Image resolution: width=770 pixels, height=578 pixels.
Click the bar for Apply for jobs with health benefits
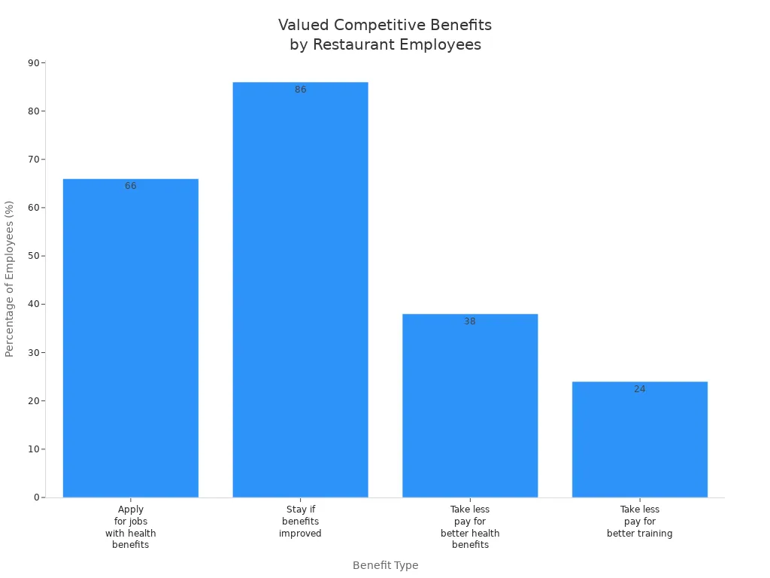(x=130, y=339)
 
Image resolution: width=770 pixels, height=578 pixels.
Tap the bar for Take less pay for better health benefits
(x=470, y=406)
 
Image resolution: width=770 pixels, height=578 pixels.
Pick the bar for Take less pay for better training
(x=639, y=440)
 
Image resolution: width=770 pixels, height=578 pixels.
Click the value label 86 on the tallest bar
(x=301, y=90)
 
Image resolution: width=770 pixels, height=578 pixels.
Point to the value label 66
(x=131, y=186)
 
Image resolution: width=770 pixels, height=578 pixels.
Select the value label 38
(x=470, y=321)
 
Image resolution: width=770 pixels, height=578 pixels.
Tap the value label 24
(x=640, y=389)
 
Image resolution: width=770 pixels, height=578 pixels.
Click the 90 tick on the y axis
(x=33, y=62)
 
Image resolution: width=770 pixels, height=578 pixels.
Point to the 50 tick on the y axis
(x=33, y=256)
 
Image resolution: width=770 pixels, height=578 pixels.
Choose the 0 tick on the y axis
(x=36, y=497)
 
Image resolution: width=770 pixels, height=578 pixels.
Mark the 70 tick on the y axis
(x=33, y=160)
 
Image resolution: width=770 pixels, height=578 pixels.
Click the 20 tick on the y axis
(x=33, y=401)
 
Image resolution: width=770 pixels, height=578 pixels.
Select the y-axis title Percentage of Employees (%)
(x=10, y=278)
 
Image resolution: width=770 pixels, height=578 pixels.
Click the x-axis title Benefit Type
(x=385, y=565)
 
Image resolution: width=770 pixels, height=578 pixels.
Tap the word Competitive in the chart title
(x=383, y=25)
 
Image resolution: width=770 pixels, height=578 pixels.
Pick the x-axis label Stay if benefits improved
(x=300, y=522)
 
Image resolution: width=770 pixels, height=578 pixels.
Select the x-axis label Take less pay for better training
(x=639, y=522)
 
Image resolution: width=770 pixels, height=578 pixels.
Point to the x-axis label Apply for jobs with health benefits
(x=131, y=527)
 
